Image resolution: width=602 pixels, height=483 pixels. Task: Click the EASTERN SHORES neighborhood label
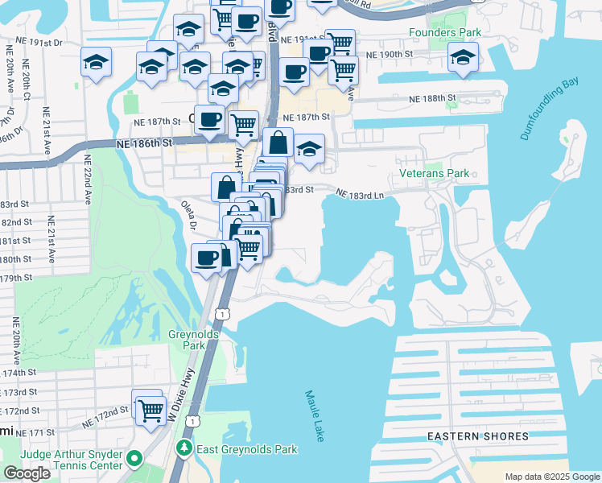pyautogui.click(x=478, y=436)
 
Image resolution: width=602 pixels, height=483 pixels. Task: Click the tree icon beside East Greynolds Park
pyautogui.click(x=185, y=448)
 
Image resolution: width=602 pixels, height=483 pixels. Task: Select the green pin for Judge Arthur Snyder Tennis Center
pyautogui.click(x=134, y=460)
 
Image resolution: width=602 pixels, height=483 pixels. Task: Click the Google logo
pyautogui.click(x=27, y=473)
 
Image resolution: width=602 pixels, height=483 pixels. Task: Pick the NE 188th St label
pyautogui.click(x=432, y=98)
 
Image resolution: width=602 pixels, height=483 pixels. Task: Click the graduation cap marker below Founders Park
pyautogui.click(x=463, y=57)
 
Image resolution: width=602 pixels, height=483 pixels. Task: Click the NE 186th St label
pyautogui.click(x=144, y=142)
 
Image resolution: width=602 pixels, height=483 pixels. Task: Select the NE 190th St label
pyautogui.click(x=389, y=54)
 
